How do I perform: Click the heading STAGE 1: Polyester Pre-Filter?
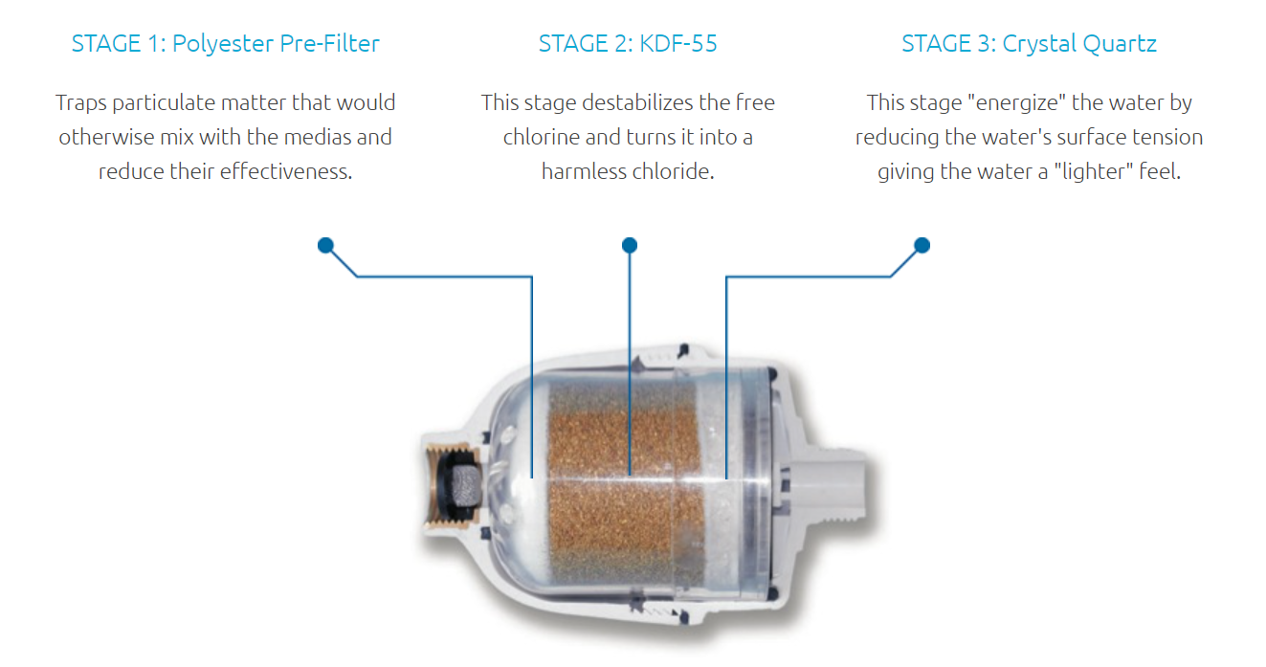pos(226,44)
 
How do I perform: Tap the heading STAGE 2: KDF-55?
pos(628,43)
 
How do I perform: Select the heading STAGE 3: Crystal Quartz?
pos(1030,44)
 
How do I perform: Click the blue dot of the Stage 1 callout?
pos(325,245)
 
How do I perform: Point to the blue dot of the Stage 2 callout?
pos(630,245)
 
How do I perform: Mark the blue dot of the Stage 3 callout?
pos(922,245)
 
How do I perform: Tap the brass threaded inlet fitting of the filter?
pos(451,487)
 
